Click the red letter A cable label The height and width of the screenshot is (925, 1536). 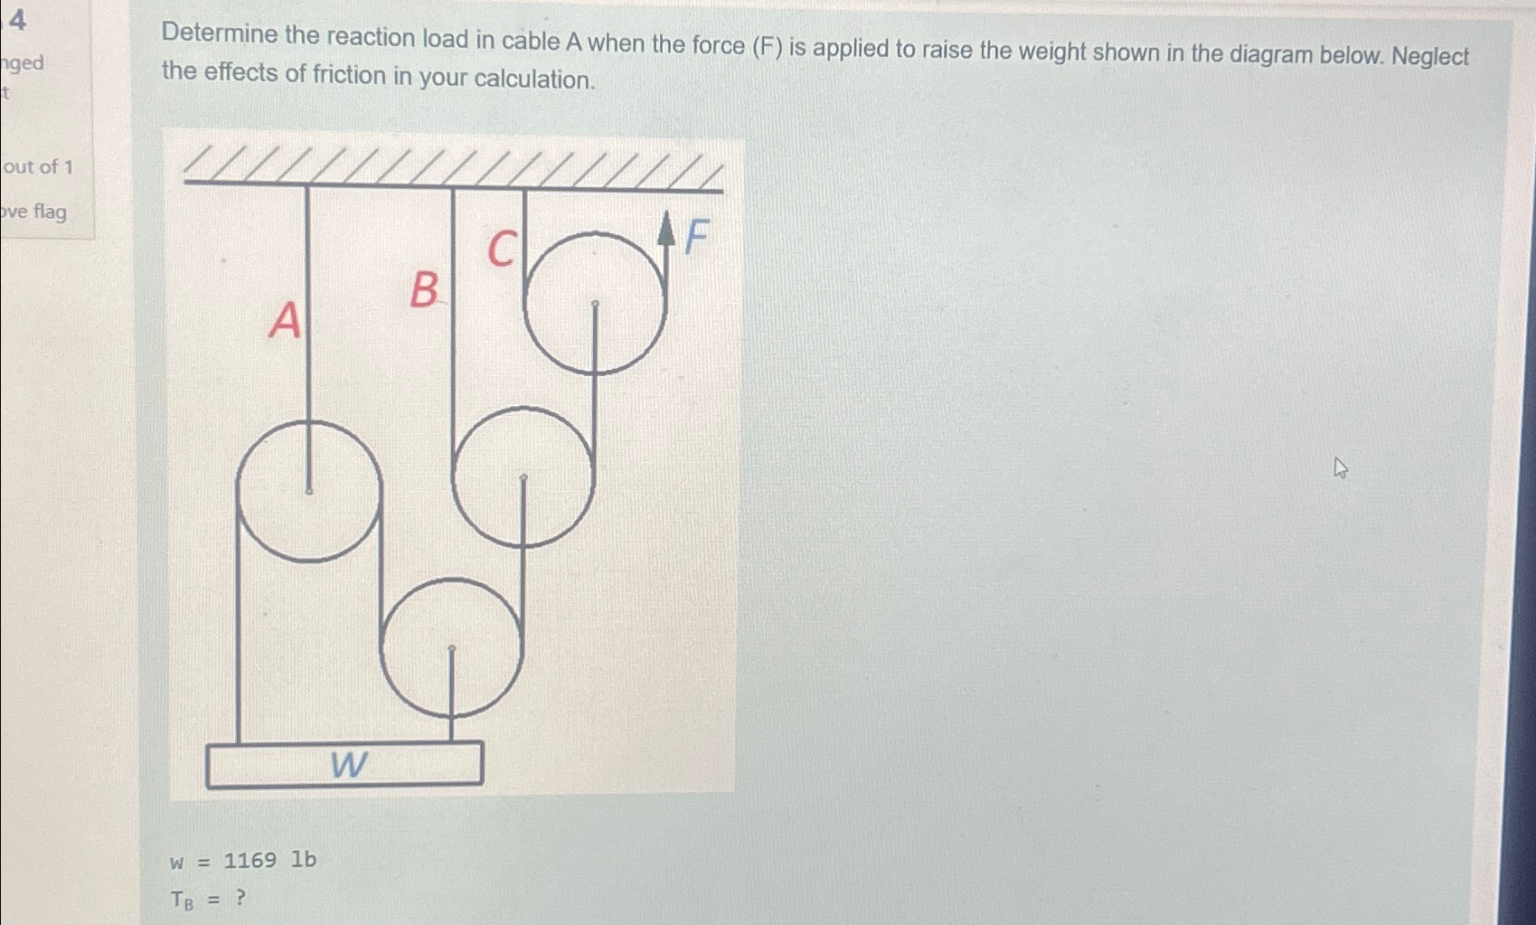(x=285, y=319)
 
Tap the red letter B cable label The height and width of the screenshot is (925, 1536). (x=423, y=291)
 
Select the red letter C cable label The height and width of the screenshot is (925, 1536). (x=502, y=249)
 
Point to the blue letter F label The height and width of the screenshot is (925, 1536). (x=695, y=238)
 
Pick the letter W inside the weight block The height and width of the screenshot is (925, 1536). (x=348, y=765)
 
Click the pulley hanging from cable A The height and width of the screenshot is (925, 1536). (x=308, y=491)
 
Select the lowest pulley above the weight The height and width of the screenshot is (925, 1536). (x=451, y=647)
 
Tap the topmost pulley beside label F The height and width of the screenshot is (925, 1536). (x=594, y=303)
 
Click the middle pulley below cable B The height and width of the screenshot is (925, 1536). (x=523, y=477)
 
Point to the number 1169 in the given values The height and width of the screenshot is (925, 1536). (x=250, y=860)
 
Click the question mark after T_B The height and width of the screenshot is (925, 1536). (x=240, y=898)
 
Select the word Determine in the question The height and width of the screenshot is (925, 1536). (x=220, y=35)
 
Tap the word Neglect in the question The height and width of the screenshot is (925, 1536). (x=1430, y=56)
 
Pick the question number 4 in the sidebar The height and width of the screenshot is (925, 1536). (x=17, y=17)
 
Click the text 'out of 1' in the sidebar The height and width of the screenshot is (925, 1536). (x=38, y=166)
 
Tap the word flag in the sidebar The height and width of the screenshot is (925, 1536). (x=50, y=212)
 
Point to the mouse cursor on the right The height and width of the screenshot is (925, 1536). (x=1340, y=467)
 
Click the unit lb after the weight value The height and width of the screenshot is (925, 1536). (x=304, y=860)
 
